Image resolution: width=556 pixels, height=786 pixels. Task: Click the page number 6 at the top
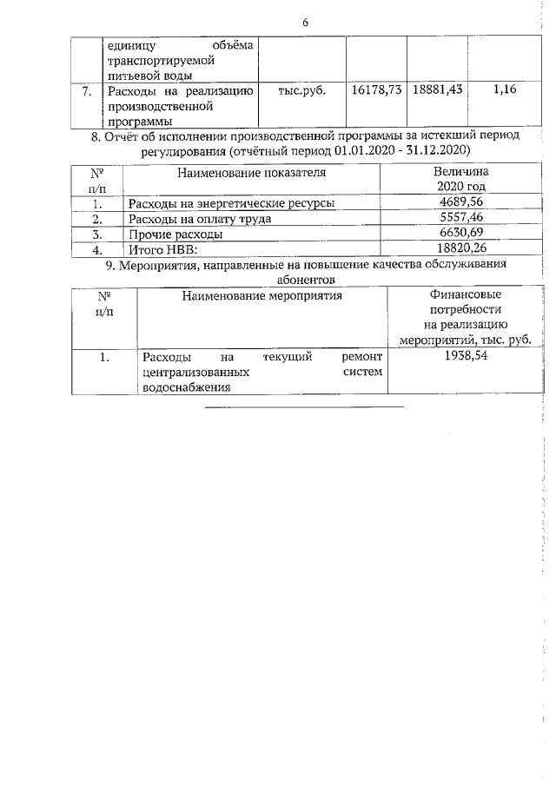[305, 23]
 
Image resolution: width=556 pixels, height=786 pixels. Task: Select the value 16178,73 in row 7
[377, 89]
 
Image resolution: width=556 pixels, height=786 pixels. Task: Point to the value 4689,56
[460, 203]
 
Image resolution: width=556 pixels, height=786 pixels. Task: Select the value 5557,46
[460, 219]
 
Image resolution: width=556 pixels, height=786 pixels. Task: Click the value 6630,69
[460, 234]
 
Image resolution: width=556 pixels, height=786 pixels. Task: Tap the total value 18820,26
[460, 250]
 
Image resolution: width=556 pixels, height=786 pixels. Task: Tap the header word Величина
[460, 172]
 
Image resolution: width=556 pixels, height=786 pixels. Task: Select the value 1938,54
[467, 357]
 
